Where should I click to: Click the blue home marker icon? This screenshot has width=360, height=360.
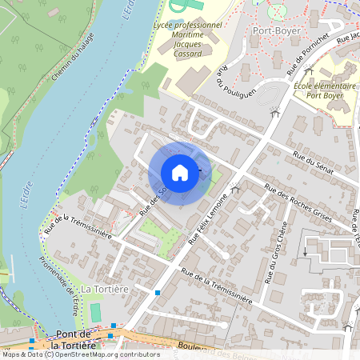pyautogui.click(x=180, y=172)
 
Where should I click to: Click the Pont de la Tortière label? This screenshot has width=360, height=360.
pyautogui.click(x=72, y=341)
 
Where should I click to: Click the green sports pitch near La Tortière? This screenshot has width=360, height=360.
pyautogui.click(x=96, y=311)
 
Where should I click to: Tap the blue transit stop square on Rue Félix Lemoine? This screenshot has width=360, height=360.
pyautogui.click(x=158, y=293)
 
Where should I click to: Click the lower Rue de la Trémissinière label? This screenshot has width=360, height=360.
pyautogui.click(x=216, y=286)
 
